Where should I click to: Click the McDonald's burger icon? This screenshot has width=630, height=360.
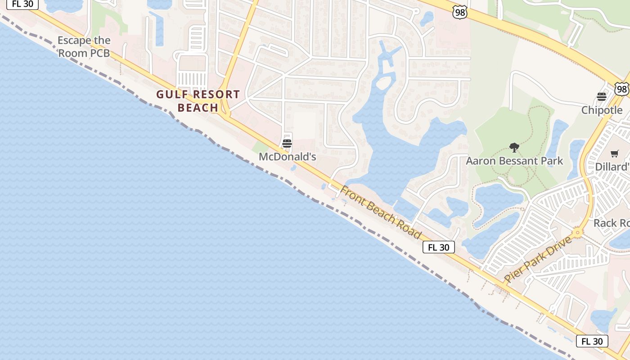click(x=287, y=144)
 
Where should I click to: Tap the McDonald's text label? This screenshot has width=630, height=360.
click(x=287, y=157)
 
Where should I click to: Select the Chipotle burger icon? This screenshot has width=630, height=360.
click(x=602, y=96)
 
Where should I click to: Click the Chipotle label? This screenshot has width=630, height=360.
click(x=602, y=110)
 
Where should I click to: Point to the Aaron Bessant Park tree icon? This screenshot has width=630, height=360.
click(x=514, y=147)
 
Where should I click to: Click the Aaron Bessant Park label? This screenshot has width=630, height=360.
click(x=514, y=161)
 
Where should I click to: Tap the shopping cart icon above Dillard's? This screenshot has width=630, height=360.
click(x=615, y=153)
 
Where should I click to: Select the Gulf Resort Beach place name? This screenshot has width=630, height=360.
click(x=198, y=101)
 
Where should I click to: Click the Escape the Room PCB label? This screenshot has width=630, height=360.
click(x=84, y=46)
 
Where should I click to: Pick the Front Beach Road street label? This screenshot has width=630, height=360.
click(x=380, y=212)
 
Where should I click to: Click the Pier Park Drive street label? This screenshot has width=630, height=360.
click(x=538, y=259)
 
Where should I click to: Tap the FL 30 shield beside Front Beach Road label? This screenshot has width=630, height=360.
click(x=438, y=247)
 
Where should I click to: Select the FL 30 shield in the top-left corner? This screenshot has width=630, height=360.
click(x=22, y=4)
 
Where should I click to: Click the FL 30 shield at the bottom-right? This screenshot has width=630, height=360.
click(x=592, y=341)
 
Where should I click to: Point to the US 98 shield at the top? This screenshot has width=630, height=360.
click(x=460, y=13)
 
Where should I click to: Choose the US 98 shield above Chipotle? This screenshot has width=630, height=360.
click(x=622, y=89)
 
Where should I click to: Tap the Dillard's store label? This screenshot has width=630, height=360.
click(x=612, y=166)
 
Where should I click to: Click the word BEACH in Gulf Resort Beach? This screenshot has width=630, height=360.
click(x=198, y=108)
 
